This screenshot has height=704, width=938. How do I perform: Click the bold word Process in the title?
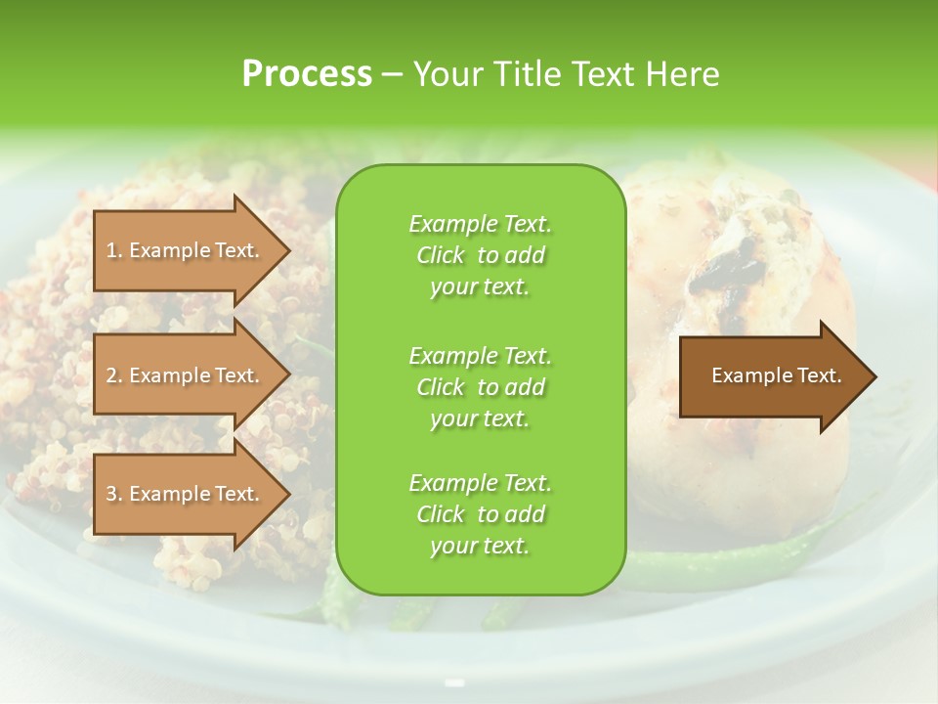[307, 74]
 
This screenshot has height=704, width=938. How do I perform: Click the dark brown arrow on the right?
[772, 376]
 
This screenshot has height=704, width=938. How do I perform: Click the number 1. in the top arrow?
[114, 251]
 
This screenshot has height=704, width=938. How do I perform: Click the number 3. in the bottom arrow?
[114, 495]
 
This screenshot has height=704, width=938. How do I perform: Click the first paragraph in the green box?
[480, 255]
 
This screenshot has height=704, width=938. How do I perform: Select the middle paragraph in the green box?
[480, 387]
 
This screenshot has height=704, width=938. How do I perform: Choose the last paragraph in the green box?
[480, 514]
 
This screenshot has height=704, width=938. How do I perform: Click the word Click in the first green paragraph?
[441, 255]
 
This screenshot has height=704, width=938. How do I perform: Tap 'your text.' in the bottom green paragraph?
[480, 547]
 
